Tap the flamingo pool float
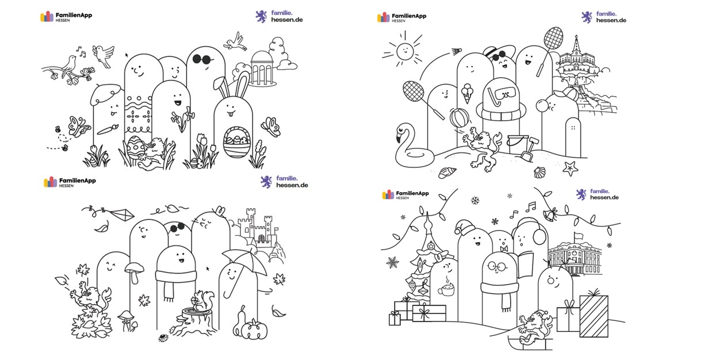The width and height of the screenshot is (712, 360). click(x=413, y=148)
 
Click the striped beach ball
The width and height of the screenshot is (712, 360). click(x=460, y=117)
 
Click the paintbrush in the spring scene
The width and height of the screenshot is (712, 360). click(x=108, y=129)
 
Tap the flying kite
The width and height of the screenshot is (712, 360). click(x=122, y=215)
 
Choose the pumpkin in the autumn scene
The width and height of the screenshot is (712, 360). click(x=254, y=330)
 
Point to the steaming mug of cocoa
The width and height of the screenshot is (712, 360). click(x=446, y=288)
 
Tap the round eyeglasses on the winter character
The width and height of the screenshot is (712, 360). click(x=497, y=266)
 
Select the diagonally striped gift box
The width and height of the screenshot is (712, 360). click(x=594, y=316)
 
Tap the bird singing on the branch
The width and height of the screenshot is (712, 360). click(x=69, y=66)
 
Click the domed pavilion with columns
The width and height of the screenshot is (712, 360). click(x=262, y=68)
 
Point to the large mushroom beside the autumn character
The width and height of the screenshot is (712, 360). click(x=135, y=272)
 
